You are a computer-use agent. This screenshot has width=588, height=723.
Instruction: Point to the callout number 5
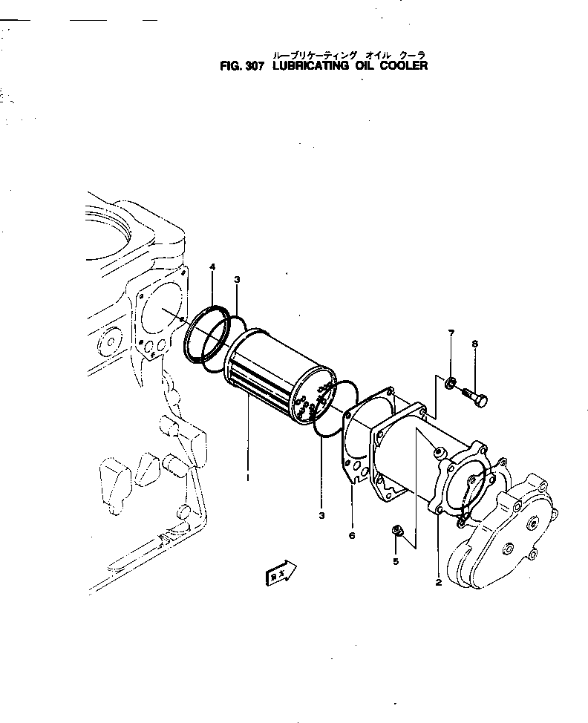pos(396,561)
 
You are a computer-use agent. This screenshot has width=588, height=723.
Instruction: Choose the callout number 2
pos(439,583)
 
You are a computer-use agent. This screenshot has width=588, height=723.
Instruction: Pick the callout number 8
pos(475,344)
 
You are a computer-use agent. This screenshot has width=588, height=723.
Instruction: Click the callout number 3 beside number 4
pos(237,279)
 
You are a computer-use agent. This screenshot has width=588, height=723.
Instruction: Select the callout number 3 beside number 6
pos(321,515)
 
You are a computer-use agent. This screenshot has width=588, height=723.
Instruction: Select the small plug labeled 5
pos(396,530)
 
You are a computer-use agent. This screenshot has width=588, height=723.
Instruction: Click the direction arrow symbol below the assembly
pos(281,573)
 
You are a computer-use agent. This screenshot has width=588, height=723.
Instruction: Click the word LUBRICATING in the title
pos(310,65)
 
